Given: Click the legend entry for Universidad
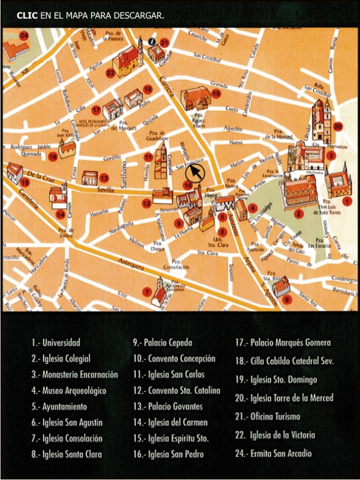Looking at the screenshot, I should pos(56,343).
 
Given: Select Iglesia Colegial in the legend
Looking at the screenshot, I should pos(61,359).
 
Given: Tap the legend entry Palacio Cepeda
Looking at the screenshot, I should pos(163,343).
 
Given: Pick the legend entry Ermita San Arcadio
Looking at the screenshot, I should pos(274,454).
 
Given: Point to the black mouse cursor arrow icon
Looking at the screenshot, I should pos(194,174).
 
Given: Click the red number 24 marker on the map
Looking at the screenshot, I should pos(24,35).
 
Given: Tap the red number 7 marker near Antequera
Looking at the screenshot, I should pos(147,292).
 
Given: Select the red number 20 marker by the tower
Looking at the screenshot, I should pos(338,127).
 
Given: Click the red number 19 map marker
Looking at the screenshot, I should pos(217,93).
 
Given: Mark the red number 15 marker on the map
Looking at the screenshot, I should pos(25,182).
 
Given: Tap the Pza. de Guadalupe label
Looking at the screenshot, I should pos(157,136).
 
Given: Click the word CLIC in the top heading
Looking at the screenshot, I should pos(28,14).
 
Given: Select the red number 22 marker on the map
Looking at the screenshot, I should pos(110,73).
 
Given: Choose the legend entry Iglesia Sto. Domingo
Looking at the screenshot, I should pos(276,380).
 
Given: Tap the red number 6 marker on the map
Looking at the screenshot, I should pos(287,299).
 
